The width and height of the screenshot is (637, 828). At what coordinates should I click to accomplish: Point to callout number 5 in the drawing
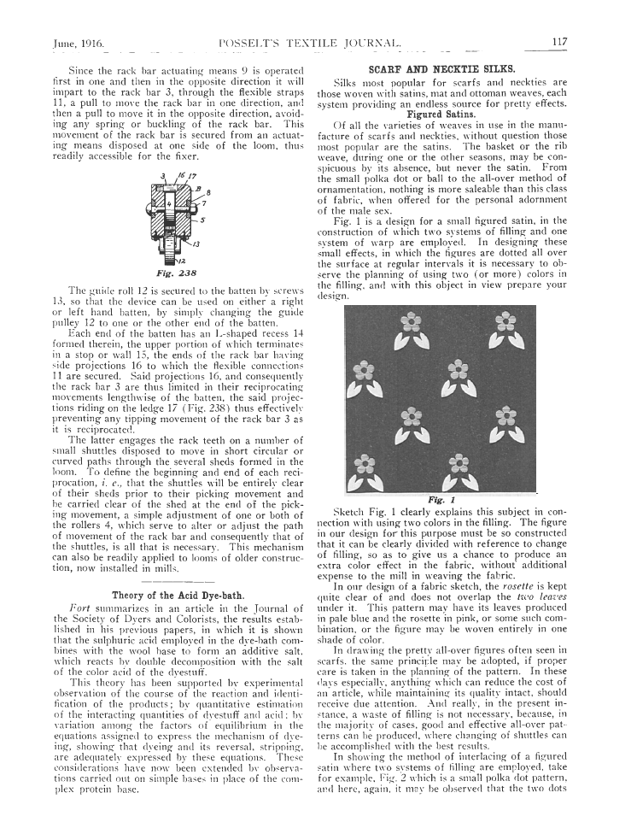coord(202,219)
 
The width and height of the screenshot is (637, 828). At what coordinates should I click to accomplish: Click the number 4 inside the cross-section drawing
coord(170,205)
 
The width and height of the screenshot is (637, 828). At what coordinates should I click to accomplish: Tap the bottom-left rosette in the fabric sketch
coord(366,467)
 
